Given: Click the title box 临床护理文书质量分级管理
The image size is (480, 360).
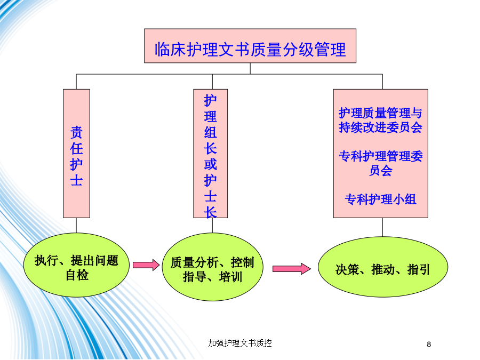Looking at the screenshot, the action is point(250,46).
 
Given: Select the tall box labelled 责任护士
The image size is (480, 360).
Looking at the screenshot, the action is point(76,154).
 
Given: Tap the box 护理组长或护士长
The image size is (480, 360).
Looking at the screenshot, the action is point(211,154).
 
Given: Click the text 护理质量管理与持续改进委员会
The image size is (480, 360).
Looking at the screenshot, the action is point(380,120).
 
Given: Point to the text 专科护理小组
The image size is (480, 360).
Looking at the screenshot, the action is point(380,199).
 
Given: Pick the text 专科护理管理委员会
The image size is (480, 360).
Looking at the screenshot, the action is point(380,163).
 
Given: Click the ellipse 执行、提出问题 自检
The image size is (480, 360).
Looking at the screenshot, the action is point(76,265).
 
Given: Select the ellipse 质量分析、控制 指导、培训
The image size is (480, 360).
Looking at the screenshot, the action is point(212,267).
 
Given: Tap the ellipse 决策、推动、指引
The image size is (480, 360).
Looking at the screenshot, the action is point(383,267).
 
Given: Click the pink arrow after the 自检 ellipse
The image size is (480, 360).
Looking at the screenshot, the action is point(146,265).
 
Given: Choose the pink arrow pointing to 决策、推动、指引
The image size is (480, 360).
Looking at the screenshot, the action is point(292,269).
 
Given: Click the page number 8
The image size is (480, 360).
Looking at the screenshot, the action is point(429,345).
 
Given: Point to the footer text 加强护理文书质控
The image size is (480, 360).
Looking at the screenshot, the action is point(240,343).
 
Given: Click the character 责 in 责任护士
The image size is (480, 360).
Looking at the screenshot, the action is point(76,133).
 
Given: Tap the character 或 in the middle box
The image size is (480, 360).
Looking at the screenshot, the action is point(211,164).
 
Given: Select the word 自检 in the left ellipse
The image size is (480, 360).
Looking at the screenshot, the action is point(77,275).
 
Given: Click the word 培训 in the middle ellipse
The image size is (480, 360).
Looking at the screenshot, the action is point(230,277).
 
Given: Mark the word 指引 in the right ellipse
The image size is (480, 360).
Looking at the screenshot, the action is point(419,270).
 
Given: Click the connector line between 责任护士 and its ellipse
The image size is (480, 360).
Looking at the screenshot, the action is point(76,225).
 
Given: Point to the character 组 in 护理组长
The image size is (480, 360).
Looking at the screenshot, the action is point(211,133).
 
